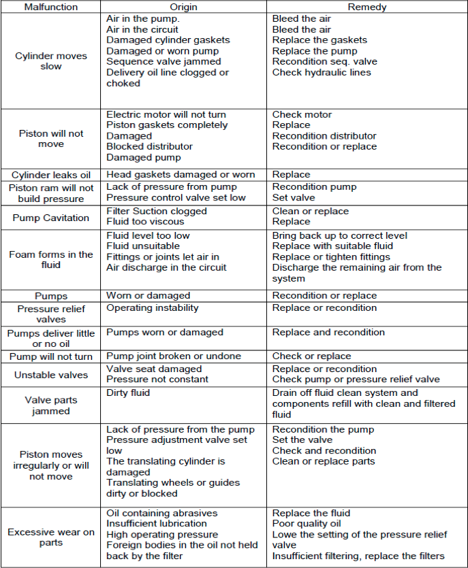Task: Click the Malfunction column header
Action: tap(50, 7)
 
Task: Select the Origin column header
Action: tap(183, 7)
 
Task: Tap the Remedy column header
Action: tap(366, 7)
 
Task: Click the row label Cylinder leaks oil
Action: tap(50, 175)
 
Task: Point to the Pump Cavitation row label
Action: tap(50, 218)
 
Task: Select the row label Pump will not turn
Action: tap(50, 356)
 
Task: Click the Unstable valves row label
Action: tap(50, 374)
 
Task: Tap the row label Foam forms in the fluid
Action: tap(50, 259)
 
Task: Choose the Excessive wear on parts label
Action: tap(50, 537)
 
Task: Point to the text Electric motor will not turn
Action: tap(166, 115)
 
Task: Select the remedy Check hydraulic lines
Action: tap(322, 73)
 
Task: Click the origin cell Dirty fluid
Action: tap(128, 393)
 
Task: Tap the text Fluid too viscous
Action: tap(145, 222)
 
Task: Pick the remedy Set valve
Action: tap(294, 198)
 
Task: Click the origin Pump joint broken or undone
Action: tap(174, 356)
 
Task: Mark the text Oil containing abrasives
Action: tap(161, 514)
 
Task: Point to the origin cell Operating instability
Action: tap(153, 308)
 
